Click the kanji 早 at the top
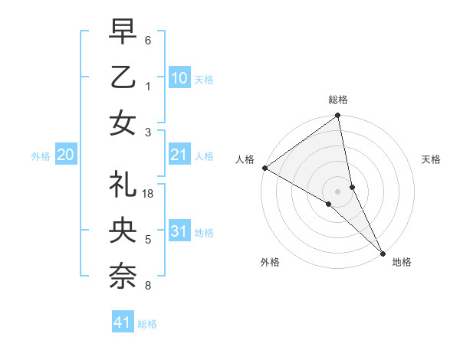[123, 32]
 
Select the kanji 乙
[123, 77]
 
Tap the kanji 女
[123, 123]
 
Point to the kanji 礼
[123, 185]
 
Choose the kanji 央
[123, 231]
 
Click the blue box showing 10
[179, 77]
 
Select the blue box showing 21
[179, 155]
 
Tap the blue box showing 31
[179, 231]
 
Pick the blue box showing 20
[65, 155]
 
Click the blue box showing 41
[123, 322]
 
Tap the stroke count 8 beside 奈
[148, 286]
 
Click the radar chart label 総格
[338, 100]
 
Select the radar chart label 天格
[432, 159]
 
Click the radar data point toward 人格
[264, 168]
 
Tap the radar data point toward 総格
[338, 116]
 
